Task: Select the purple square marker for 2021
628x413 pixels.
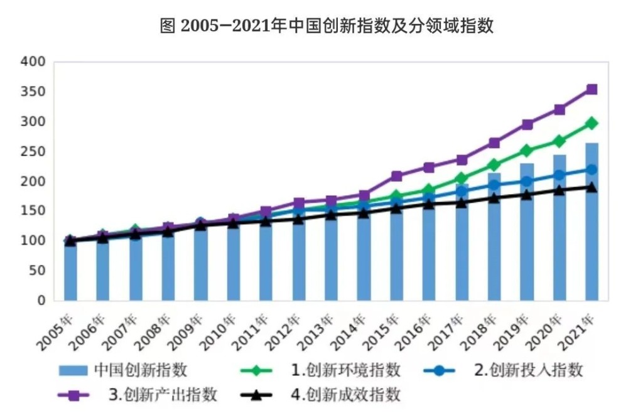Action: pos(592,89)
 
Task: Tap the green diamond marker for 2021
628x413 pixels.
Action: pos(592,123)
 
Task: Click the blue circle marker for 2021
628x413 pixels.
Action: pos(592,169)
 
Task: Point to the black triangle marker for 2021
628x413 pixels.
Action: pos(592,186)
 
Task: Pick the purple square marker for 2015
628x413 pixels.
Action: pos(396,176)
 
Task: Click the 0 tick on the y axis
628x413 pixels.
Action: pos(41,301)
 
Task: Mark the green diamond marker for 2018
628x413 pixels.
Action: pos(494,165)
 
